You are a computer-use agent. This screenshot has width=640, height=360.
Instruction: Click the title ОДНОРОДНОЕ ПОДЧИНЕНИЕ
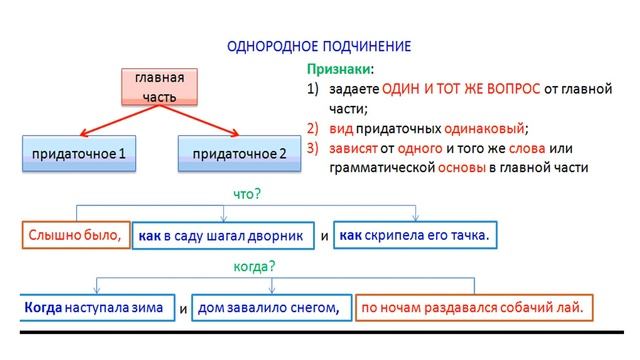[x=320, y=47]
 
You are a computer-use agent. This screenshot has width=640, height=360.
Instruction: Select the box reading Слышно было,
[x=75, y=235]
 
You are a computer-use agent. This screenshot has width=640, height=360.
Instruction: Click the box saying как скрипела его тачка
[x=414, y=235]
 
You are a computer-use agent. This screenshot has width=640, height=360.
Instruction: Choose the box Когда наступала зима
[x=97, y=307]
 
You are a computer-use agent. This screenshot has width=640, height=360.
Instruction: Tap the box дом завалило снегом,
[x=270, y=307]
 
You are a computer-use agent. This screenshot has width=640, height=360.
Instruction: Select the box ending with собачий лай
[x=475, y=307]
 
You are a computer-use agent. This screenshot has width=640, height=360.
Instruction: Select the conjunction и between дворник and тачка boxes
[x=324, y=237]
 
